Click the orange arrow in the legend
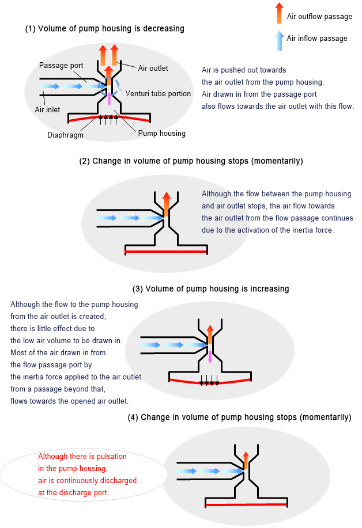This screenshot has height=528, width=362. [x=279, y=14]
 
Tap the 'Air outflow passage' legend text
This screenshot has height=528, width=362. [x=319, y=17]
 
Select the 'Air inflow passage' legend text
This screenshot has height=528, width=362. [x=317, y=39]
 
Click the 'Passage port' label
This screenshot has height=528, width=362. [x=58, y=65]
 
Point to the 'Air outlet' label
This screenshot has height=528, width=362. [x=153, y=68]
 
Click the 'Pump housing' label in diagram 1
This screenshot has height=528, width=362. [x=162, y=133]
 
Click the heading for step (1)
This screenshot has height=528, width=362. [x=104, y=28]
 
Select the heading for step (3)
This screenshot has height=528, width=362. [x=210, y=288]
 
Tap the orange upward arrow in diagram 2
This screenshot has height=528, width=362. [x=167, y=204]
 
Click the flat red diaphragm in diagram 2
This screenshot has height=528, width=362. [x=166, y=251]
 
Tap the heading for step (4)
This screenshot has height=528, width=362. [x=239, y=417]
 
